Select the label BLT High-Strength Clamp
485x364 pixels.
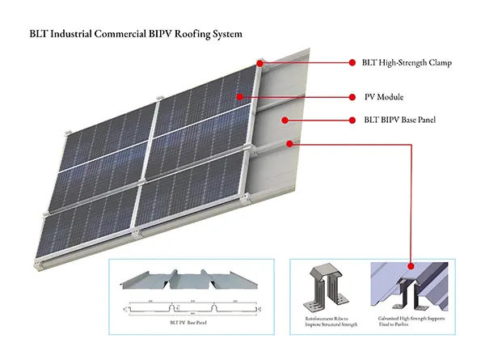406,62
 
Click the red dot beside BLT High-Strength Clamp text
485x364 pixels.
352,62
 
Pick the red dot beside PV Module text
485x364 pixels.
352,97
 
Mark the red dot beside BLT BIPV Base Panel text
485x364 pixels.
352,121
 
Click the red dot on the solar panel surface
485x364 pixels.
240,97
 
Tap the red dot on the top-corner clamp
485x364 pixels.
260,62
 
